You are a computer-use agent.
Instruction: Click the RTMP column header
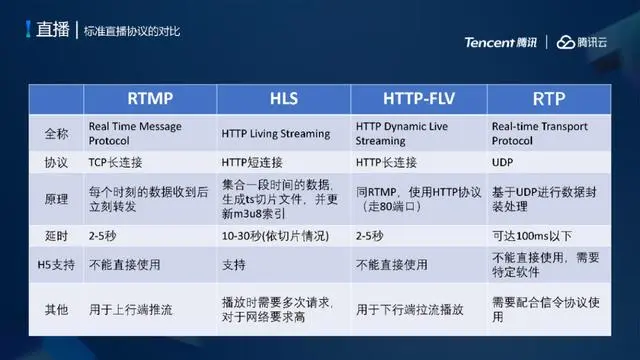coord(149,100)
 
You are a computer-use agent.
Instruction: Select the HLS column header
coord(283,100)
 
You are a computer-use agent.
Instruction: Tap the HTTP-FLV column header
coord(418,100)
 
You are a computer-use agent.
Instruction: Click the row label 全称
coord(57,134)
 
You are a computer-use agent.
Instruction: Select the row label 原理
coord(57,200)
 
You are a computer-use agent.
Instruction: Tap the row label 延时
coord(57,237)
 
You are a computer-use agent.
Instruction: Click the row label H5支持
coord(57,265)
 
